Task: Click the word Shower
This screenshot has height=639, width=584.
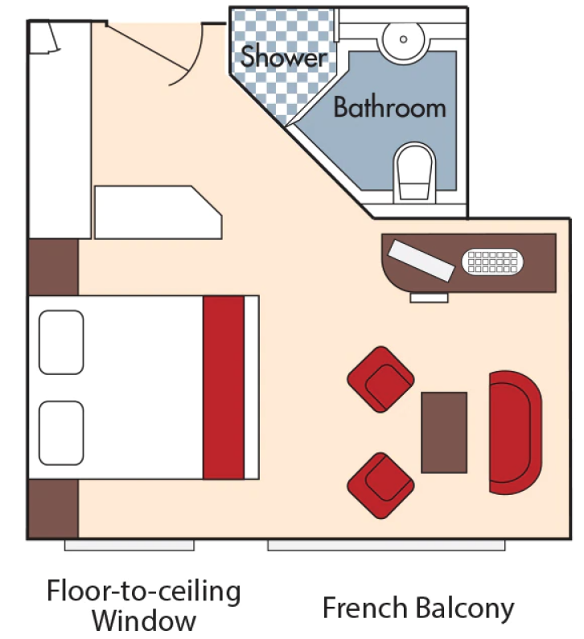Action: coord(284,57)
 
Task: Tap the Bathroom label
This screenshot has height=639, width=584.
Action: coord(389,107)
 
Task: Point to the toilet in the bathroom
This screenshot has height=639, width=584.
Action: coord(414,172)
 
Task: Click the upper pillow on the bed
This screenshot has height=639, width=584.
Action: coord(61,342)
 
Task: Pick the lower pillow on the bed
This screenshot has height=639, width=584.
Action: coord(61,432)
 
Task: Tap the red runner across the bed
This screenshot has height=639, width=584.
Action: coord(223,387)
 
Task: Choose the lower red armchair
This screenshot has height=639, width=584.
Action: coord(380,484)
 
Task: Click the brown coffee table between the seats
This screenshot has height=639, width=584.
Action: coord(444,432)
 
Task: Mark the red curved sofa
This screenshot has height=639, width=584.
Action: coord(513,432)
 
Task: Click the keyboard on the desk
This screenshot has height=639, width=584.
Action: coord(491,262)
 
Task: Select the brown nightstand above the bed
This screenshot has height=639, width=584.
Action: coord(53,266)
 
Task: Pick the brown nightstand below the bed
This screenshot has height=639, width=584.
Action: coord(53,508)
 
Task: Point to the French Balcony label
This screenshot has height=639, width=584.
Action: coord(417,608)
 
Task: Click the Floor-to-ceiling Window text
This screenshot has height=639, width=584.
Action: coord(143,605)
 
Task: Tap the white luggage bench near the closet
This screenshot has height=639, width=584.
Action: coord(157,212)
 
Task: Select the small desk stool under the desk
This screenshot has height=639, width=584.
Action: coord(429,298)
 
